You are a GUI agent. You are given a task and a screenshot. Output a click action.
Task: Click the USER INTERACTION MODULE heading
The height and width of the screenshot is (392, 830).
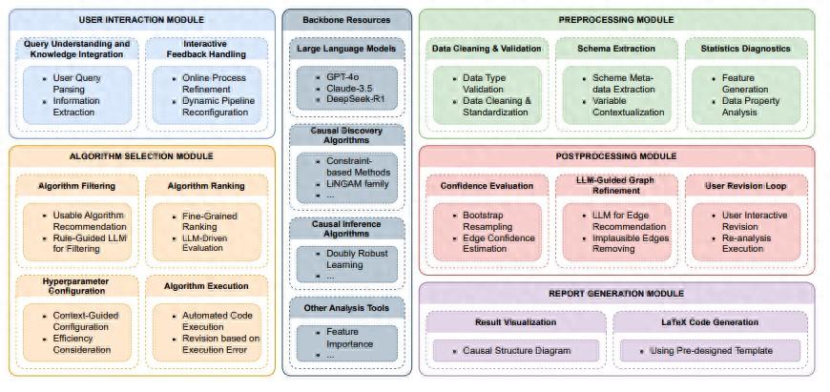[x=141, y=20]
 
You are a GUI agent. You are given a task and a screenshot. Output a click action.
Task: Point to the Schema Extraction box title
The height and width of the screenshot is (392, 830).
[x=615, y=49]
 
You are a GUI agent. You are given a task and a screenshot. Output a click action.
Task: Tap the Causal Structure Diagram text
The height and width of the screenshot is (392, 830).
[x=516, y=350]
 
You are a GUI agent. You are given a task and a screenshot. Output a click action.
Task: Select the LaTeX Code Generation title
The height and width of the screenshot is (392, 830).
[x=709, y=321]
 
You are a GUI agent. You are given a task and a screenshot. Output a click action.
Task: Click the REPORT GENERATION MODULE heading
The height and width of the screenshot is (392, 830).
[x=616, y=293]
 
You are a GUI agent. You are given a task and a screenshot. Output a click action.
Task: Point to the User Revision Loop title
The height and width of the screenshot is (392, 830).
[x=745, y=186]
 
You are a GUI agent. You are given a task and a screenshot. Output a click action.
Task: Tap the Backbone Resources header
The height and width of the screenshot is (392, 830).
[x=346, y=20]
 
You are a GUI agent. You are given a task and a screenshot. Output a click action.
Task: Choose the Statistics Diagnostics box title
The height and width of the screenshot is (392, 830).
[x=745, y=49]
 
